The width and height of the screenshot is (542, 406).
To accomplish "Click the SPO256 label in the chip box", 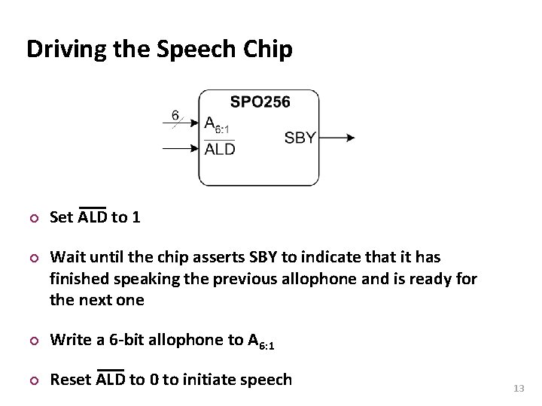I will (260, 102).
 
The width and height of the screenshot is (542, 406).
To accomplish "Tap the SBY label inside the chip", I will (300, 138).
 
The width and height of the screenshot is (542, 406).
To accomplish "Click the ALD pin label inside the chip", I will (220, 149).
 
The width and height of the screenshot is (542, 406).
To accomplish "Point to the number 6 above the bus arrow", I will (175, 115).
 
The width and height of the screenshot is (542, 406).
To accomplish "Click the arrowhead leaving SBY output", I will (349, 138).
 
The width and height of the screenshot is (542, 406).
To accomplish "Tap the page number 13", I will (518, 388).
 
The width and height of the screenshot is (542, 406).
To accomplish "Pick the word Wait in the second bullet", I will (65, 258).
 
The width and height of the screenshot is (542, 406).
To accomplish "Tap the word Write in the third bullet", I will (69, 339).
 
